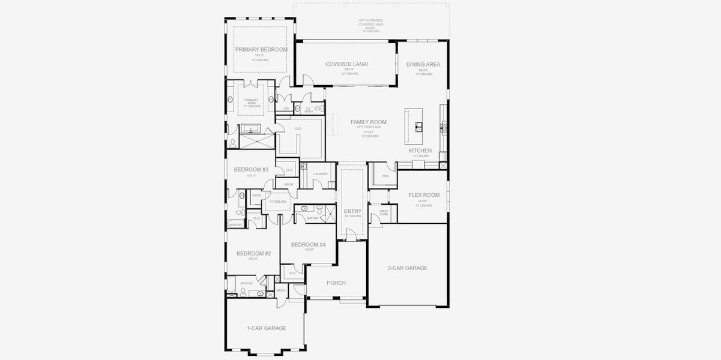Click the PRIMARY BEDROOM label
click(261, 49)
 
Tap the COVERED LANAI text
click(346, 64)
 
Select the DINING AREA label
click(423, 64)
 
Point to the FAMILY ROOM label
click(369, 122)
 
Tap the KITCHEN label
click(420, 151)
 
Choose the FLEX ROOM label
click(424, 195)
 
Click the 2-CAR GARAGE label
click(408, 268)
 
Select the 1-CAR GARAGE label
click(266, 328)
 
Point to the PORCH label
click(336, 283)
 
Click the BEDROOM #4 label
click(308, 244)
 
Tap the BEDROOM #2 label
click(253, 253)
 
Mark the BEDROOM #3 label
click(251, 170)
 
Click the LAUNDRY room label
click(321, 174)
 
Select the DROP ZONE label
click(384, 212)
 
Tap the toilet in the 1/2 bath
click(318, 109)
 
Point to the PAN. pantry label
click(385, 176)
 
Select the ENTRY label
click(352, 211)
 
